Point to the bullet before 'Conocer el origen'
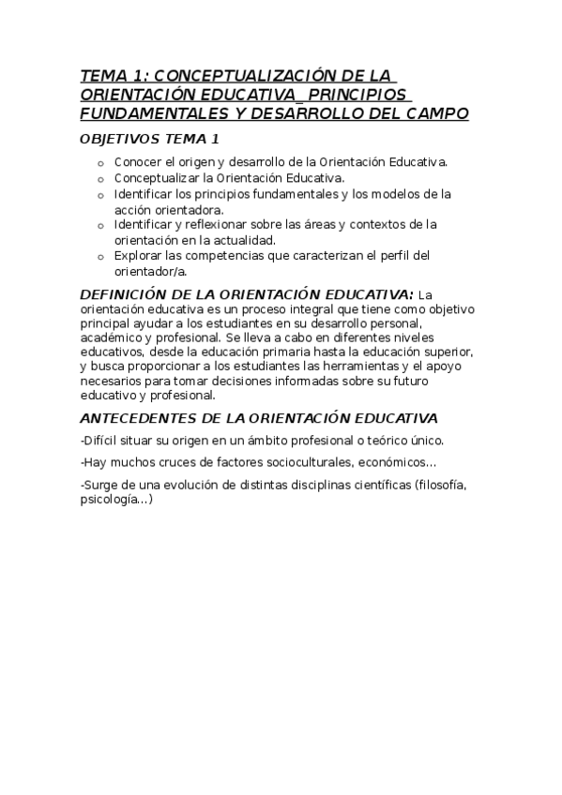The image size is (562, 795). point(101,163)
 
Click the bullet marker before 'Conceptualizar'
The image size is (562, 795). point(101,178)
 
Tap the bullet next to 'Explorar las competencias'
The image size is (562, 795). point(101,256)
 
